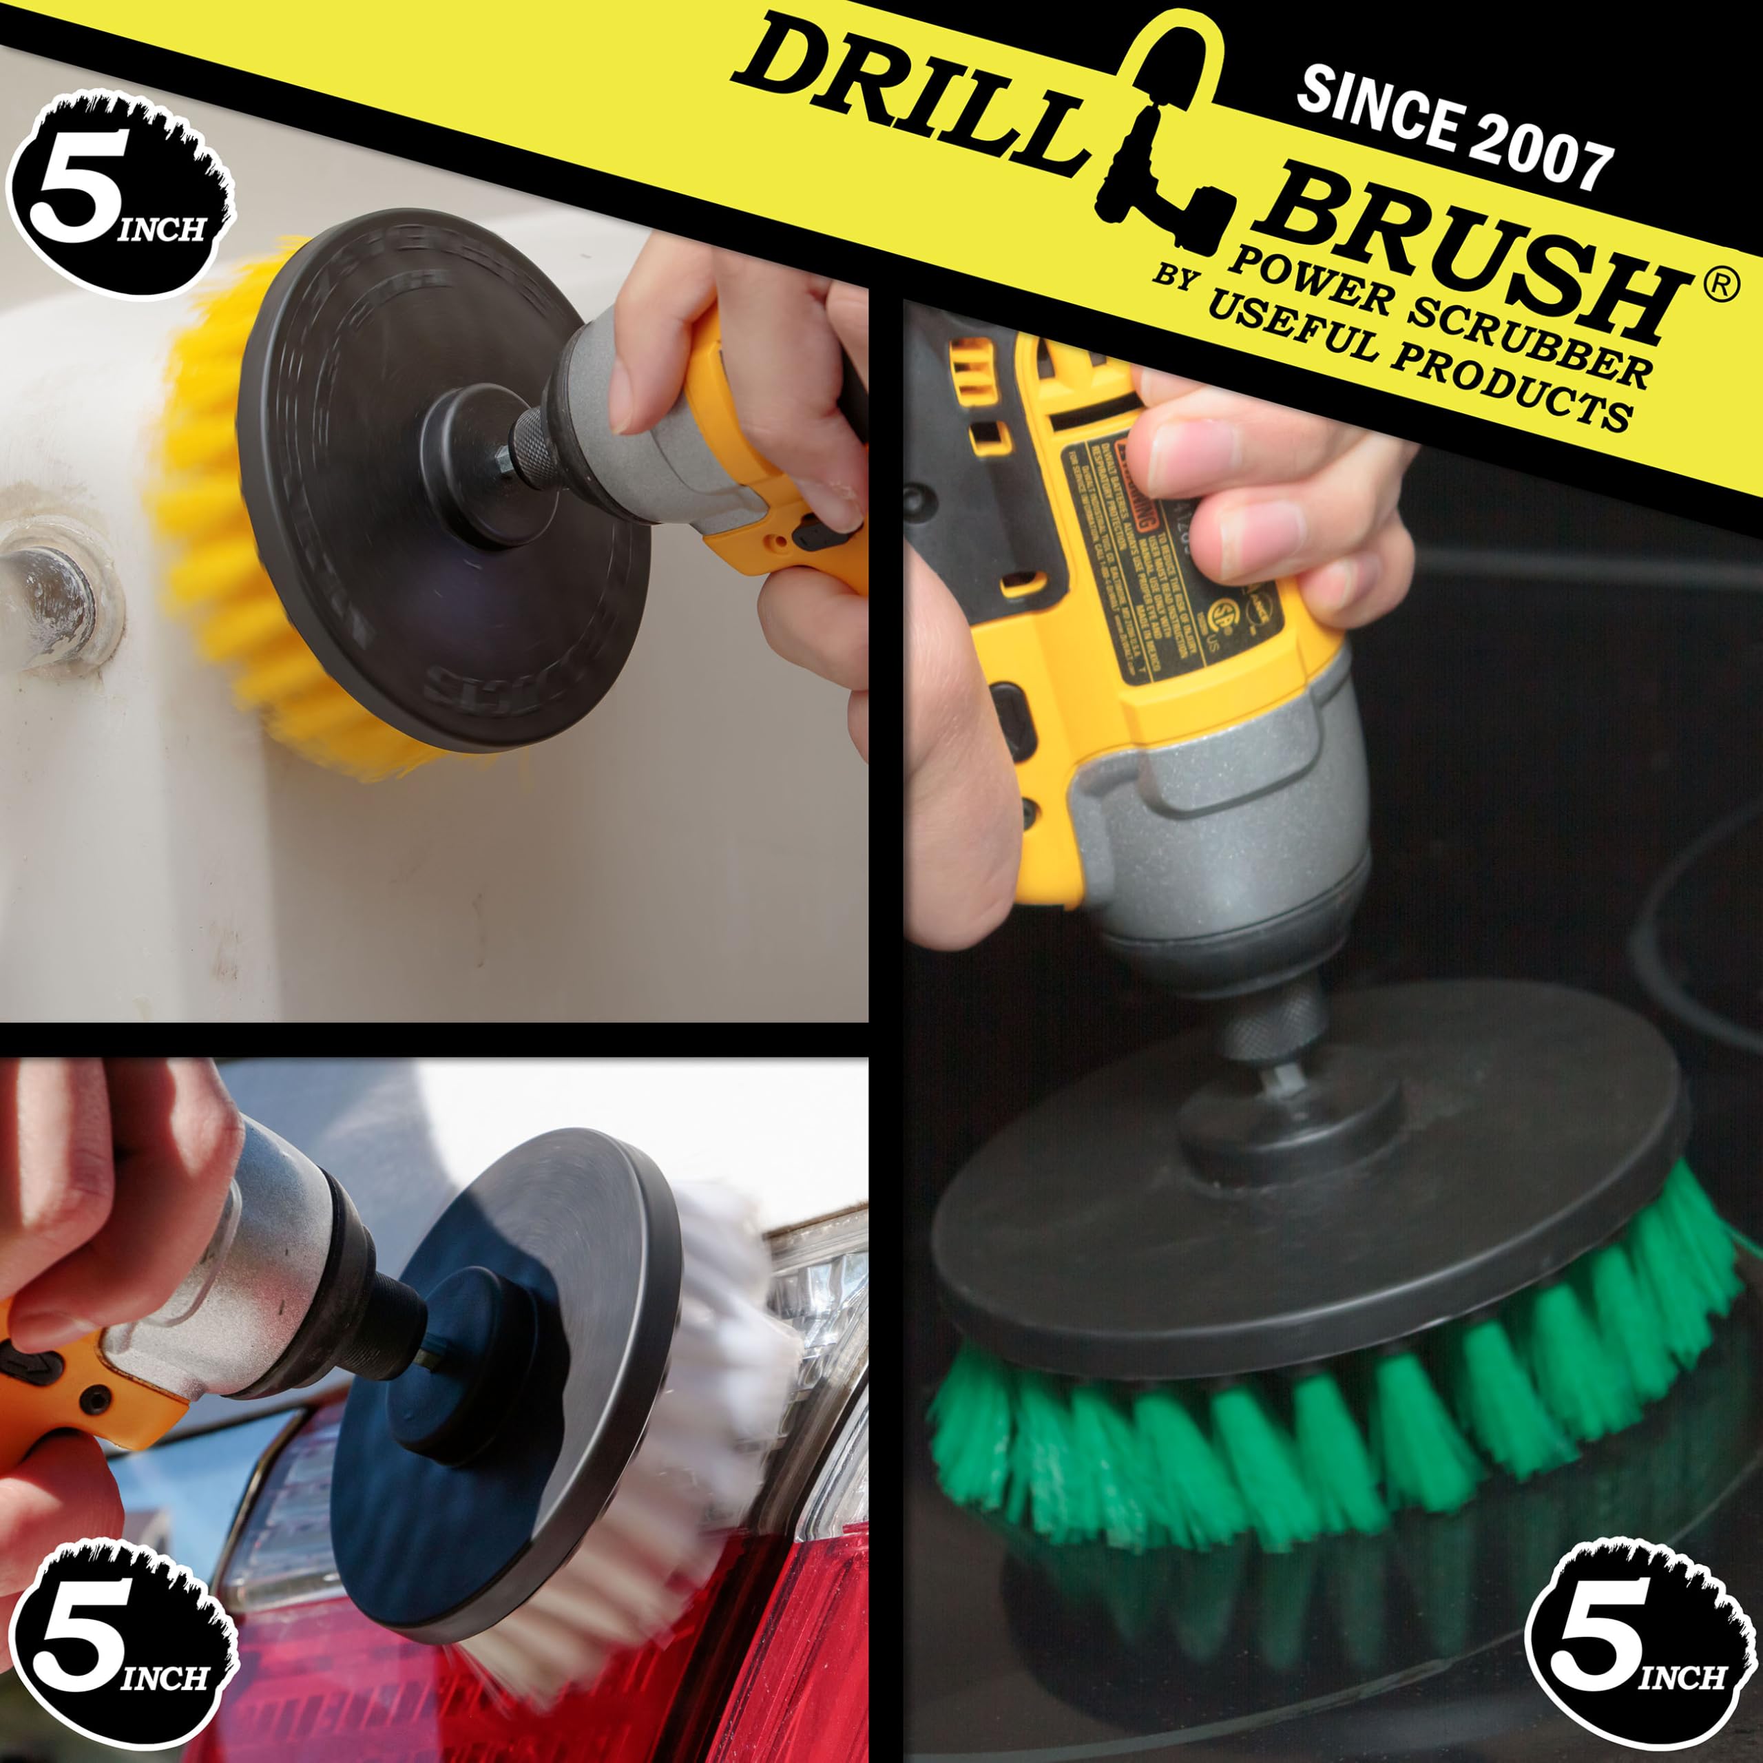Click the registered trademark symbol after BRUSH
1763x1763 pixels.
point(1720,286)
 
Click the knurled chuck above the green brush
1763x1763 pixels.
point(1277,1022)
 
